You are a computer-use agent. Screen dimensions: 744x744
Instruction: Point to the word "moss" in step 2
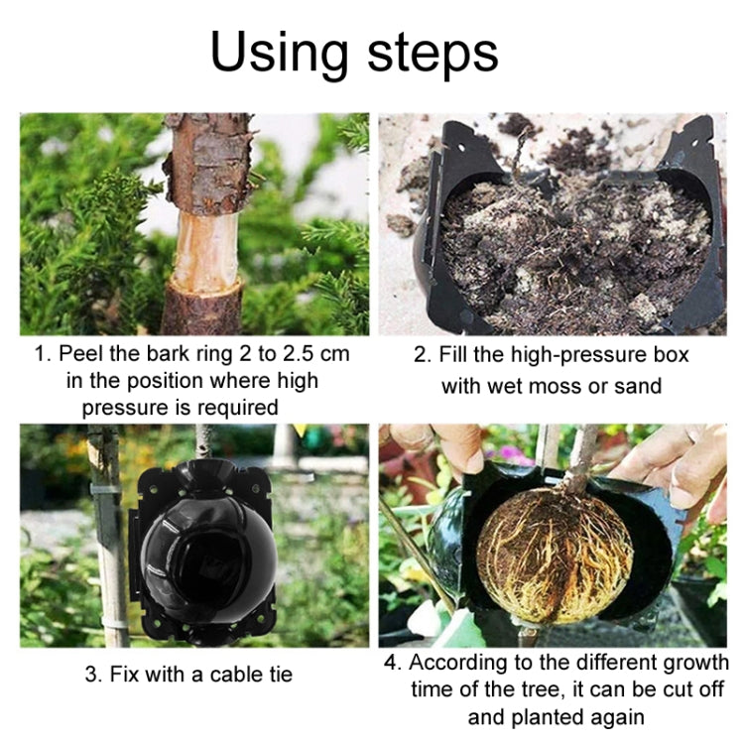[554, 385]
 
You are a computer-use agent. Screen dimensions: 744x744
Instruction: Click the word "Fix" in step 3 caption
[121, 675]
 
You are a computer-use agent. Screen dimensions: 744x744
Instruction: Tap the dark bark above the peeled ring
[209, 164]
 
